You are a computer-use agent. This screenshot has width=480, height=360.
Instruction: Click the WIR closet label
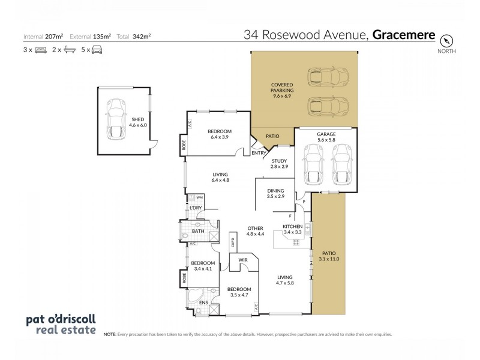click(x=244, y=260)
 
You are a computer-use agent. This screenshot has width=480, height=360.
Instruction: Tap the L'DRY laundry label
click(x=195, y=208)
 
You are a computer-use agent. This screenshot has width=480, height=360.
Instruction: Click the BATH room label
click(x=199, y=230)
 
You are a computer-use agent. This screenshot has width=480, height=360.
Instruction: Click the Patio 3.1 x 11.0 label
click(x=328, y=257)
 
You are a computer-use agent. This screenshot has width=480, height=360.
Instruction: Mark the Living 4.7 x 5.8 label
click(x=285, y=280)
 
